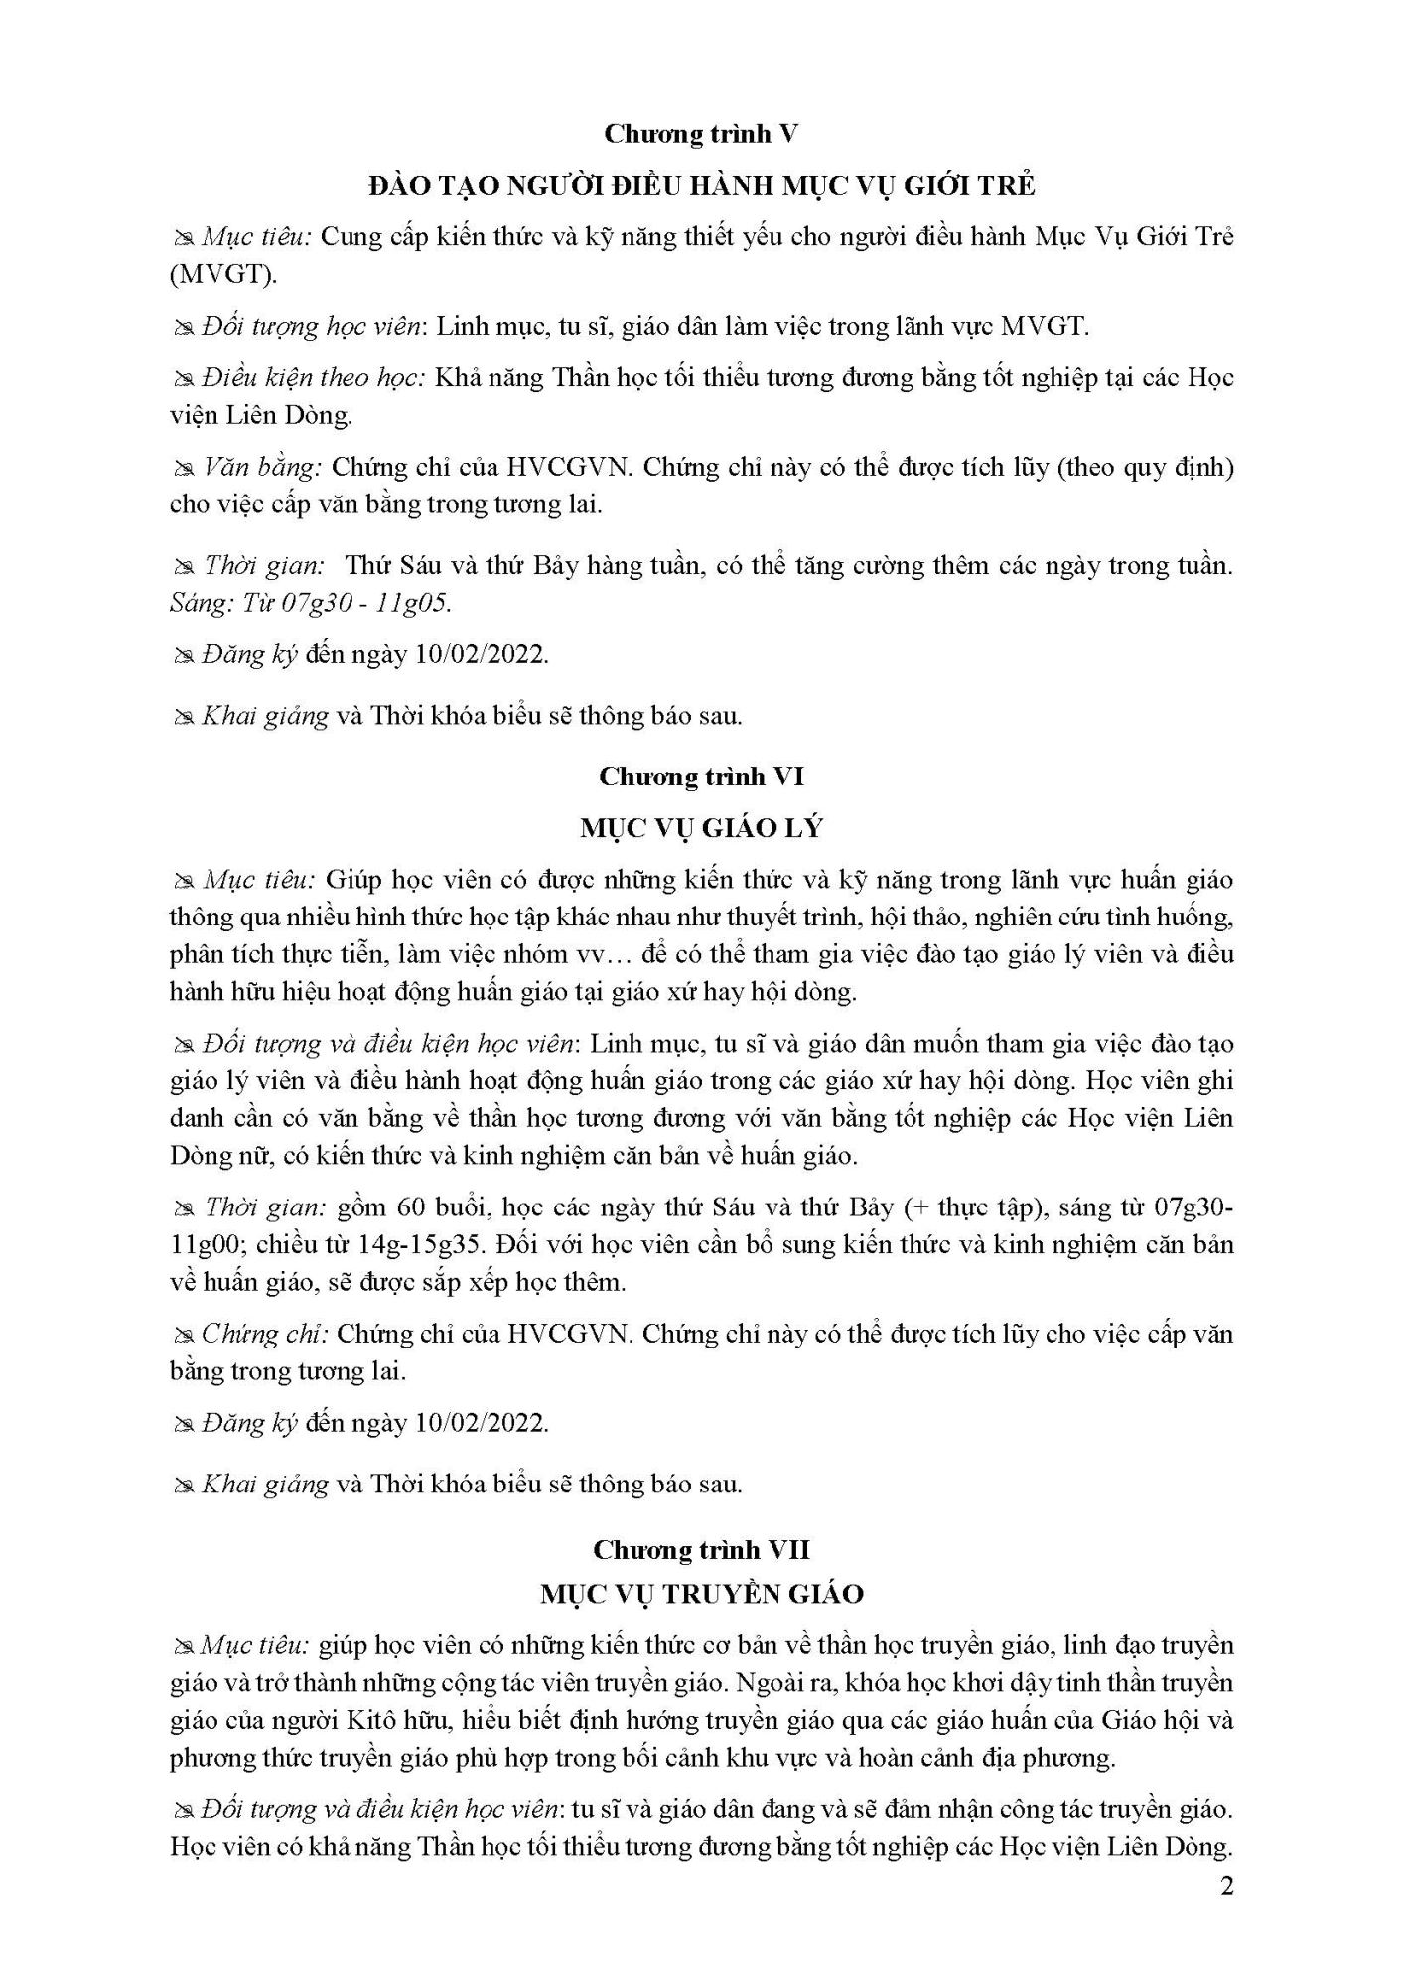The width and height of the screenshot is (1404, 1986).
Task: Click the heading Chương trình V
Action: coord(702,135)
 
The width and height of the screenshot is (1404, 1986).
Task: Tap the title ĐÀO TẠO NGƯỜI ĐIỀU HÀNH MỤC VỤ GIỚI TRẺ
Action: coord(702,186)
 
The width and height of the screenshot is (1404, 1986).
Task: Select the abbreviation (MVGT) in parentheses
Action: coord(222,275)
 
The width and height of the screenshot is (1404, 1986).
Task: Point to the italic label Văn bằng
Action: coord(261,467)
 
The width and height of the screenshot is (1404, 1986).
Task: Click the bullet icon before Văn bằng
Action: coord(183,468)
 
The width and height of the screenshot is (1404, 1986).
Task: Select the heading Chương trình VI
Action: coord(702,777)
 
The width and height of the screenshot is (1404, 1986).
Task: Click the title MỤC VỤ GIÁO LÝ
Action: coord(702,828)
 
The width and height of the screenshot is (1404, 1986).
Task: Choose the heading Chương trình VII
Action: coord(702,1549)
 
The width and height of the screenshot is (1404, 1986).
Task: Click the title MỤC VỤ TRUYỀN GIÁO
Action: coord(702,1594)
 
